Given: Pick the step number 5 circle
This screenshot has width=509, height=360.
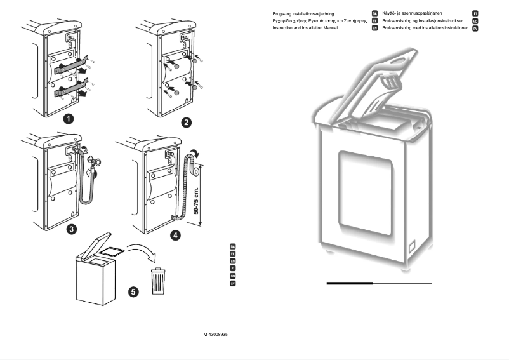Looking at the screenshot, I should (x=133, y=292).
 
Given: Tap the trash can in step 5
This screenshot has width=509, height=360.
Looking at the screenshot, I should (x=158, y=281).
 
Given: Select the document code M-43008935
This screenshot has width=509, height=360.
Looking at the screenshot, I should (x=216, y=334).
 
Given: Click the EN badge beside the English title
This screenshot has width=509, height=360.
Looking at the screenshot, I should (x=375, y=29).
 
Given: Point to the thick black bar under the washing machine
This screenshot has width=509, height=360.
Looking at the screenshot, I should (x=350, y=283).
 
